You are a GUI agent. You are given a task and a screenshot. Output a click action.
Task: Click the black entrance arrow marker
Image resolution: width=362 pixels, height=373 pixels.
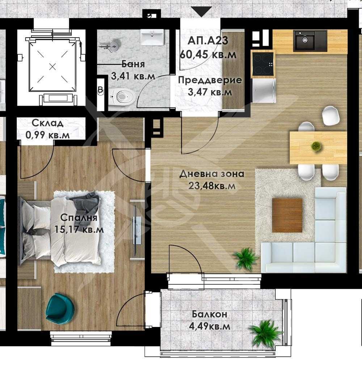tap(201, 12)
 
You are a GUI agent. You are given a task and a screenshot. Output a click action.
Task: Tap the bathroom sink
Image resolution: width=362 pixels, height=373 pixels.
tap(152, 37)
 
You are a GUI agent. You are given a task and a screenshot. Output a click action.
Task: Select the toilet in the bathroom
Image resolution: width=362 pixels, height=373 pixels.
tap(123, 96)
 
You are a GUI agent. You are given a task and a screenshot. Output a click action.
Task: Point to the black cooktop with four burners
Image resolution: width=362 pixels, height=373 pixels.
tap(263, 64)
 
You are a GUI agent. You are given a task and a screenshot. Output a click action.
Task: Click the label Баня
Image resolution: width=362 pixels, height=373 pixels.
tap(133, 64)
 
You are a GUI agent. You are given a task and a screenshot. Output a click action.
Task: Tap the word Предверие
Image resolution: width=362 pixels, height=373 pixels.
tap(210, 80)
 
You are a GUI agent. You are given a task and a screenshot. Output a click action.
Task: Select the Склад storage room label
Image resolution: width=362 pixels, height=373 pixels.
tap(47, 123)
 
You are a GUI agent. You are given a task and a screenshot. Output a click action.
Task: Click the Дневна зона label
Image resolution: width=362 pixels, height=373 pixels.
tap(212, 174)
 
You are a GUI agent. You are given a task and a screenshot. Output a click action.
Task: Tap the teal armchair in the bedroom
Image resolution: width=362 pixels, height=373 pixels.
tap(60, 309)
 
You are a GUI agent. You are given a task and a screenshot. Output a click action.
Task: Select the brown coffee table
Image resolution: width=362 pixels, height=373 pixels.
tap(287, 215)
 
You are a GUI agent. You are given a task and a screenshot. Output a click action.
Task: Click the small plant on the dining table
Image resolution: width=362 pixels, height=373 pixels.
tap(316, 146)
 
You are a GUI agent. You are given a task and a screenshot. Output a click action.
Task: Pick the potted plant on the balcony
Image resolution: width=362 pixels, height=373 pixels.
tap(266, 334)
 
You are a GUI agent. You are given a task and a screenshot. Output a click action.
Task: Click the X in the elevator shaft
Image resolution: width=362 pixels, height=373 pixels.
tap(53, 66)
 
